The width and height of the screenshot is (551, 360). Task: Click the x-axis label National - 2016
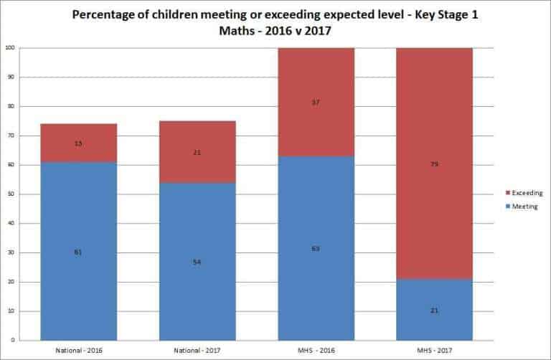tap(79, 350)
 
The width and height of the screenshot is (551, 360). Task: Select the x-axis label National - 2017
tap(198, 350)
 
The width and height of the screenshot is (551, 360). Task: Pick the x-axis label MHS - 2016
tap(316, 350)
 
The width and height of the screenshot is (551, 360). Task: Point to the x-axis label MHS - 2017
tap(435, 350)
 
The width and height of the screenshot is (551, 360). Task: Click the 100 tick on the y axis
tap(11, 48)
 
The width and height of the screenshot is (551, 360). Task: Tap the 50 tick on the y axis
tap(12, 194)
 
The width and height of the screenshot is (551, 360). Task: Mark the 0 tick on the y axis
tap(14, 341)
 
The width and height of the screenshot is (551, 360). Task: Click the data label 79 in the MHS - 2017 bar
tap(435, 164)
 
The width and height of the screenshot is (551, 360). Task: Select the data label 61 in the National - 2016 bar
tap(79, 252)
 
